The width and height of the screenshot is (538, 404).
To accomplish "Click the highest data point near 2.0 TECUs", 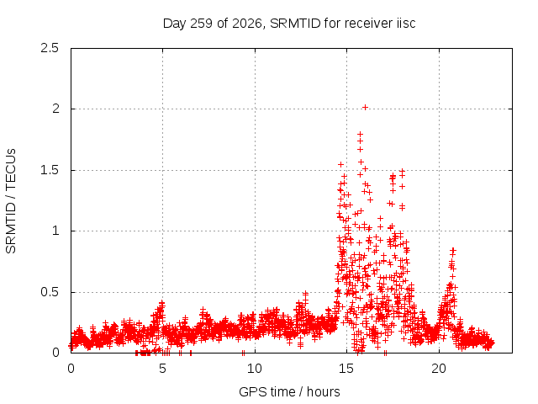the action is click(x=365, y=108).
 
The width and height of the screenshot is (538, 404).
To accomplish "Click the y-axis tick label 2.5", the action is click(x=50, y=48).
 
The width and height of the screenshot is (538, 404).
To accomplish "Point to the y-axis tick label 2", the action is click(x=56, y=109).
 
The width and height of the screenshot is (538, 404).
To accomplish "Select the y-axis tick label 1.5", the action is click(x=50, y=170).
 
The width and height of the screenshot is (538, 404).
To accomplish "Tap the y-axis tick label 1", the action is click(x=56, y=231).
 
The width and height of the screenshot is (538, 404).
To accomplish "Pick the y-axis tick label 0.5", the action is click(x=50, y=292).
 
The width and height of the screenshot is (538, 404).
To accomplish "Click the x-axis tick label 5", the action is click(x=162, y=369).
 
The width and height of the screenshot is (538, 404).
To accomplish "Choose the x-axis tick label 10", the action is click(x=255, y=369).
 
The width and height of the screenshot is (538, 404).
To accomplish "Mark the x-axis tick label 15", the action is click(x=346, y=369).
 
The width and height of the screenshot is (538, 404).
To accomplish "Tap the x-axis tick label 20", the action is click(x=439, y=369).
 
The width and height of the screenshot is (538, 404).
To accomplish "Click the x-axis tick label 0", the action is click(x=71, y=369).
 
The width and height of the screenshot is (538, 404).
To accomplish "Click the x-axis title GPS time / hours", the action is click(x=289, y=392).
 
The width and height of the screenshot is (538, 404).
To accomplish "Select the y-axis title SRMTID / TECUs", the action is click(x=11, y=201).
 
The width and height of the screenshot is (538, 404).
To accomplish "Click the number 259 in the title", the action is click(x=202, y=24).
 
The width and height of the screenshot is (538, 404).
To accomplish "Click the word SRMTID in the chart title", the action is click(x=295, y=24).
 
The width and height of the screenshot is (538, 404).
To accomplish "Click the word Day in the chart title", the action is click(x=175, y=24).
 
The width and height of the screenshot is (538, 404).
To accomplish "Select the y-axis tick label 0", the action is click(x=56, y=353).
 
